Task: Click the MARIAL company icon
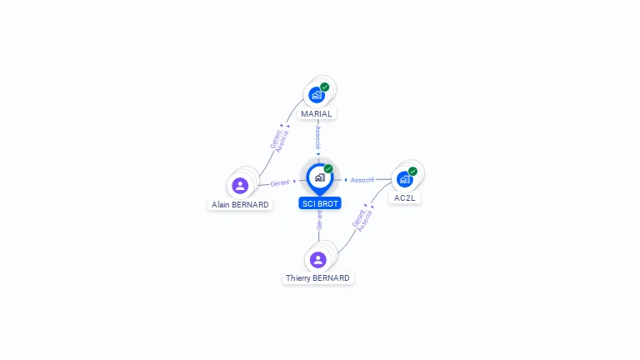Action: point(317,95)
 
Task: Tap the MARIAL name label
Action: point(317,114)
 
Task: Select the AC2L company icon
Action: point(404,179)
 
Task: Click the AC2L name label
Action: point(404,198)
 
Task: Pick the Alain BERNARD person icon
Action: point(240,186)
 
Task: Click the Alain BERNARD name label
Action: point(240,204)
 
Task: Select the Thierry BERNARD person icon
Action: point(318,260)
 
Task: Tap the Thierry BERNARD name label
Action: point(317,278)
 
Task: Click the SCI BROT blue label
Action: point(320,203)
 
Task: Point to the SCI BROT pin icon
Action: point(320,179)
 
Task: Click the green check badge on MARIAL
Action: point(324,87)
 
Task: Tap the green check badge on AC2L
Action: point(412,172)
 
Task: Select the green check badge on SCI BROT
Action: point(328,168)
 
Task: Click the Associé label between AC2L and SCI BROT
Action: point(362,180)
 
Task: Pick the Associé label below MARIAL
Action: point(318,137)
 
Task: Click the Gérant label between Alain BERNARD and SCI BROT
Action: point(280,182)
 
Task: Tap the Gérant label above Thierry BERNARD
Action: point(319,220)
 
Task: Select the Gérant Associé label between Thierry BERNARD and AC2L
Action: point(362,220)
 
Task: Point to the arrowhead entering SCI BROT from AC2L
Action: point(346,180)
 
